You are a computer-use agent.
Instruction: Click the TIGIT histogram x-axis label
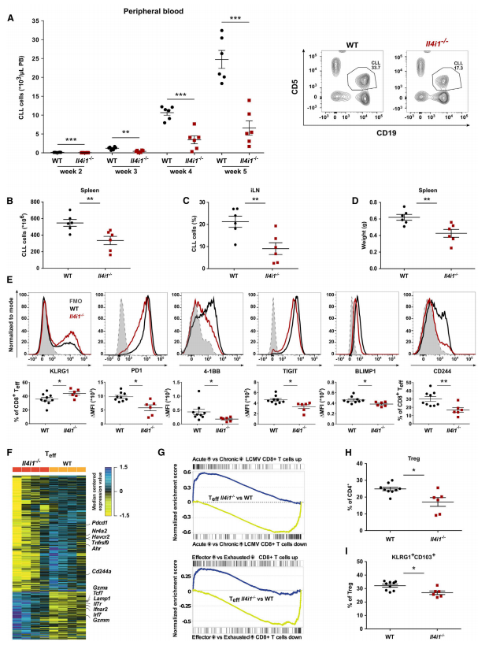point(276,369)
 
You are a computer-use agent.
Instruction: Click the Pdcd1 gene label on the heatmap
point(101,522)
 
